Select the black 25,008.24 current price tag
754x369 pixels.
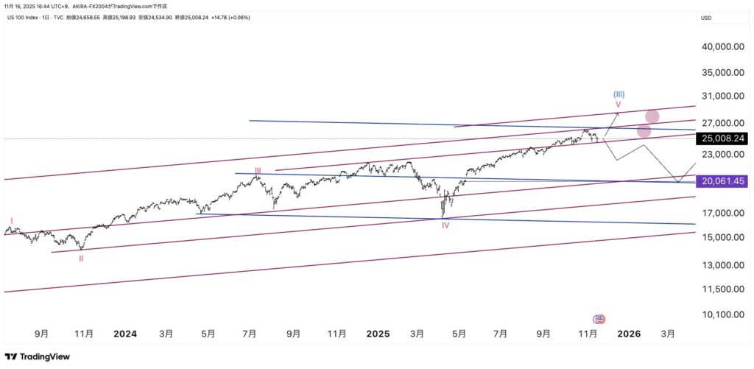coord(722,138)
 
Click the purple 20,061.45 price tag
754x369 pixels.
coord(722,181)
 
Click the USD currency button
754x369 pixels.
coord(705,18)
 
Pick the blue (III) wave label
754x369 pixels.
coord(619,94)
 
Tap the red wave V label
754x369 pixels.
coord(619,105)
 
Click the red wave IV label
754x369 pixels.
coord(445,225)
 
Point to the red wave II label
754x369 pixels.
coord(81,259)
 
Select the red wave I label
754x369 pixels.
coord(11,220)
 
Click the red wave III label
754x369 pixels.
coord(258,170)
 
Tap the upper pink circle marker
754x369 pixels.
coord(652,116)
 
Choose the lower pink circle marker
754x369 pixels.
coord(644,131)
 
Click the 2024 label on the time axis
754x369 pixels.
coord(125,334)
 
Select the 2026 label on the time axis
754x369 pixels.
coord(628,334)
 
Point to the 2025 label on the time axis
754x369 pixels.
coord(378,334)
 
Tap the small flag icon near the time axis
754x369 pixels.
coord(599,319)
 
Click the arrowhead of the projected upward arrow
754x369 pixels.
coord(618,113)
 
